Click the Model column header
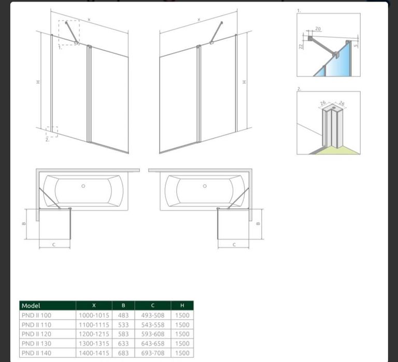[31, 306]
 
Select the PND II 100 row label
[37, 315]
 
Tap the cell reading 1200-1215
[94, 334]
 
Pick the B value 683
[123, 353]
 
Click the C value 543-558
[153, 325]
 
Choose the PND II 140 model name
[37, 353]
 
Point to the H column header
[182, 306]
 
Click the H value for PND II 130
[182, 343]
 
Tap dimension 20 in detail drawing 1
[318, 29]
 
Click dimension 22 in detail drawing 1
[301, 47]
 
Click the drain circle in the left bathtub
[83, 186]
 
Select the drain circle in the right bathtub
[205, 186]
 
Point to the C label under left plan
[53, 245]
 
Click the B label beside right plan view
[258, 224]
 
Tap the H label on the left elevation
[38, 82]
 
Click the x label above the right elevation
[199, 19]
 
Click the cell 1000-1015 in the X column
[94, 315]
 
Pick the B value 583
[123, 334]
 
